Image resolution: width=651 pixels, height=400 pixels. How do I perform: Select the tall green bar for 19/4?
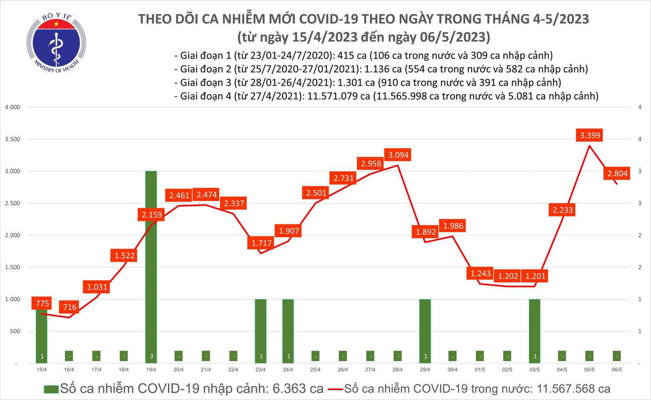tap(151, 266)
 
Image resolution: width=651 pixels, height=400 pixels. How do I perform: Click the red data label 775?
tap(41, 303)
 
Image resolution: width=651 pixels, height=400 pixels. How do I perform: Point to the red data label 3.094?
tap(397, 156)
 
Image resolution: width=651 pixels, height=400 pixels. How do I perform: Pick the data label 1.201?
tap(534, 276)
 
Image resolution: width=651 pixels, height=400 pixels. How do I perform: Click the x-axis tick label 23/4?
tap(260, 370)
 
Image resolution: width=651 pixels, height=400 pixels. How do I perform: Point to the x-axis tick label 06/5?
tap(617, 370)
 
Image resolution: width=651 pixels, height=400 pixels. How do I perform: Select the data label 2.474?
tap(206, 195)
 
